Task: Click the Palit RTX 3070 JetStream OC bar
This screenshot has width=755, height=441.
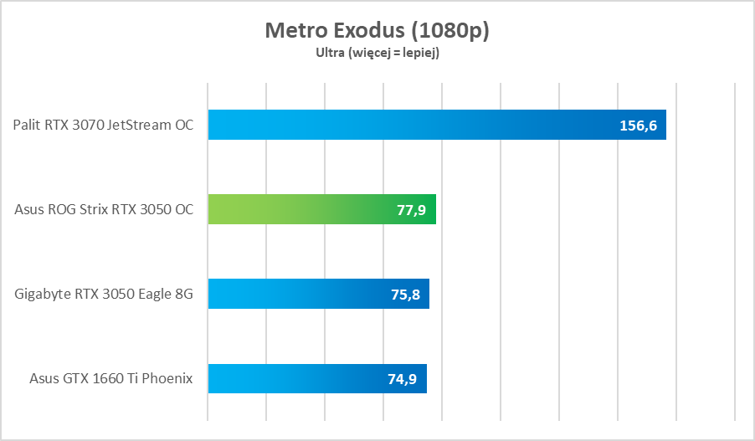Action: [x=402, y=125]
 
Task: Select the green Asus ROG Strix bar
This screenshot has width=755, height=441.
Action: [x=301, y=209]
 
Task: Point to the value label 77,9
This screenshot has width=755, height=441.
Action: [x=411, y=209]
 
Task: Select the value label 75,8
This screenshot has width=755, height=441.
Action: [x=404, y=294]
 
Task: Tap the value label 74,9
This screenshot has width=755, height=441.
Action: [x=403, y=378]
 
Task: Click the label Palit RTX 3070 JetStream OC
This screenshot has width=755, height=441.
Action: [x=103, y=126]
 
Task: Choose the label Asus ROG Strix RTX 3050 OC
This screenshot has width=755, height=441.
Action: [x=104, y=210]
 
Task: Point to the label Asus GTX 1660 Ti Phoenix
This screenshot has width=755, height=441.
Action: [x=110, y=379]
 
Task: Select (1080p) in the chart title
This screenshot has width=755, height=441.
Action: [x=450, y=31]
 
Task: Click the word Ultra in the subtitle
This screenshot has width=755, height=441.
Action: [x=329, y=53]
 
